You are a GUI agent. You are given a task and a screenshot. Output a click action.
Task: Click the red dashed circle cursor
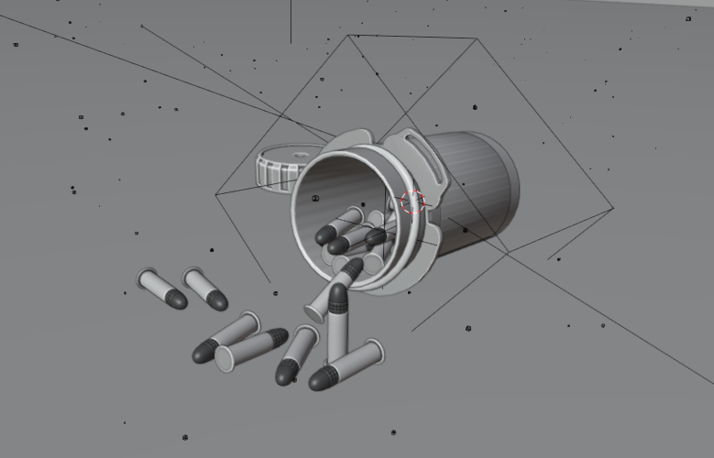(413, 202)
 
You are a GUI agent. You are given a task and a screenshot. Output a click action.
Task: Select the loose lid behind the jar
(284, 165)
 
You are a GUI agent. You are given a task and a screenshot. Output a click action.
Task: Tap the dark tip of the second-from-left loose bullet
(216, 299)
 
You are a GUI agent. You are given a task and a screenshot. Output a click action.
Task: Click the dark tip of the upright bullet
(337, 296)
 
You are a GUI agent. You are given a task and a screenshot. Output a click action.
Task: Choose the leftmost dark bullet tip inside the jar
(325, 235)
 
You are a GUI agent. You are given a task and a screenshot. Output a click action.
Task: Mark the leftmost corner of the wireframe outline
(215, 194)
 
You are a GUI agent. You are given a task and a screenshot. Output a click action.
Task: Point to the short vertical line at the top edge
(291, 21)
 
